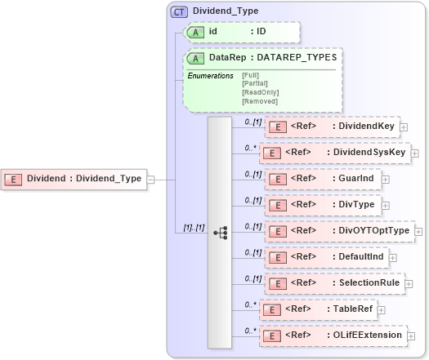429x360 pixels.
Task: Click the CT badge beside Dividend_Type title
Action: pos(179,12)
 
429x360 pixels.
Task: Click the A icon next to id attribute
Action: pos(197,32)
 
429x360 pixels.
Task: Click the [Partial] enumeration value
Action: pos(255,82)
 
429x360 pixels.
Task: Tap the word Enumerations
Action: pos(211,76)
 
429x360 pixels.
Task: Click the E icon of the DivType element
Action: pos(278,205)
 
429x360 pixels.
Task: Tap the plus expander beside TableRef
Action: pos(381,309)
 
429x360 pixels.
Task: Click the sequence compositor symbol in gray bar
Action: pos(220,232)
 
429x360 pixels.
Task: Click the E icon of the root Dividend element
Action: pos(15,179)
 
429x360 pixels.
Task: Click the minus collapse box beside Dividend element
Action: pos(150,179)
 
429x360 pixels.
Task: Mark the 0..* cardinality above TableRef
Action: pos(252,302)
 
